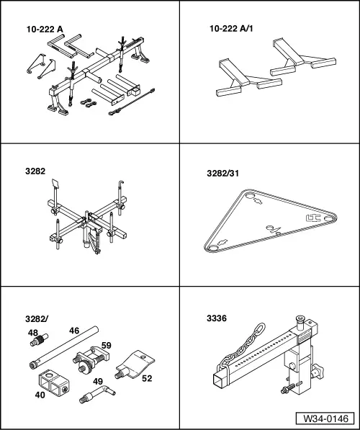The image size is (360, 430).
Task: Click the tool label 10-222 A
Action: pos(45,30)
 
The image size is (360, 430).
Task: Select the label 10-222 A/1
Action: pos(231,29)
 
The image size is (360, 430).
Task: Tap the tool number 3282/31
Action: pos(222,174)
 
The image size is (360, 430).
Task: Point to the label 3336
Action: pos(217,318)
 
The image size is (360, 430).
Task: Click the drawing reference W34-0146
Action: pos(325,418)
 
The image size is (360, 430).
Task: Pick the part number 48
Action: pos(33,333)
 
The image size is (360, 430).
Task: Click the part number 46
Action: pos(74,331)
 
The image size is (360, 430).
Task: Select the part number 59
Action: pos(107,345)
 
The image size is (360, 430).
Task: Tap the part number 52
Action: pos(147,378)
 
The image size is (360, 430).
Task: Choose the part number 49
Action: pos(98,382)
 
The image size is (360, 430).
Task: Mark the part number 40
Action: pos(40,395)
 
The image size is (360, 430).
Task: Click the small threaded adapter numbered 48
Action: pos(39,339)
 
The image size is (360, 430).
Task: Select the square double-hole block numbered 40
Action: pos(53,383)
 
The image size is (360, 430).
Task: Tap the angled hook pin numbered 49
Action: pos(97,394)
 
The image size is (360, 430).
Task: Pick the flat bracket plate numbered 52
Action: pos(135,364)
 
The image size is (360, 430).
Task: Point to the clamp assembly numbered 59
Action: pos(91,359)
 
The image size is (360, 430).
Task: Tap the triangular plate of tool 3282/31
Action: pos(270,220)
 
